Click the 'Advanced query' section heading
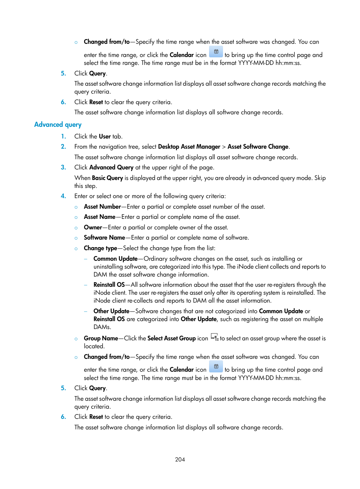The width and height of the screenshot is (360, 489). point(58,125)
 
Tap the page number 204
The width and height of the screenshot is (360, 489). point(180,460)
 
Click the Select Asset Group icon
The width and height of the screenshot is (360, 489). point(214,337)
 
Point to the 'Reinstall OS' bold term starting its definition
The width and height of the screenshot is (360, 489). point(109,285)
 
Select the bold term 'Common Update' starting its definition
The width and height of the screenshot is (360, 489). point(115,259)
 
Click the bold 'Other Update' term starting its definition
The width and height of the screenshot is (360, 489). point(111,311)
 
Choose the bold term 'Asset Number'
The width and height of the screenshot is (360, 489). point(102,207)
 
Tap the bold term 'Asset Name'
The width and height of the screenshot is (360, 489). point(100,217)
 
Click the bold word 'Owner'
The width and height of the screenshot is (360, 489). point(93,228)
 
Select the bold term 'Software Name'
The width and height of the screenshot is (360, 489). point(104,238)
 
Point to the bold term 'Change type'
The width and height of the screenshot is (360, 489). point(100,248)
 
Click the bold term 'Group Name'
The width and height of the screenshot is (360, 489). point(101,338)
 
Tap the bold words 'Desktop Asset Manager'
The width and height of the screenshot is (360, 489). point(189,147)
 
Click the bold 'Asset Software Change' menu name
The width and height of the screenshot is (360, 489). point(258,147)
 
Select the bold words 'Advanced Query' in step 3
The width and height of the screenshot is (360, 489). point(111,168)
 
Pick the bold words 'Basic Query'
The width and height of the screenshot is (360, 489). point(108,178)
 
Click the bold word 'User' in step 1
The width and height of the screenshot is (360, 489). point(105,137)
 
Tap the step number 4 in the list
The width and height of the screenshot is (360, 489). point(63,196)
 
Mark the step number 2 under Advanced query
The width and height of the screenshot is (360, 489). point(63,147)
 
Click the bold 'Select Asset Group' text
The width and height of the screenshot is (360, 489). point(171,338)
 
